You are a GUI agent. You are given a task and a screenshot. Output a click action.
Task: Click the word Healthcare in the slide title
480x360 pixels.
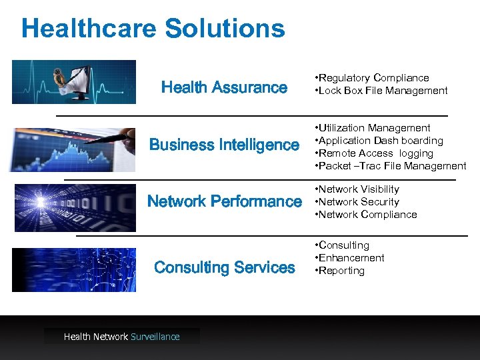point(89,29)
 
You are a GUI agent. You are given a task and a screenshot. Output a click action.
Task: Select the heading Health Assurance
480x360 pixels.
point(225,87)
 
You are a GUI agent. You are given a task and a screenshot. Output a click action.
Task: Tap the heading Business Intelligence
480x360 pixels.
point(225,145)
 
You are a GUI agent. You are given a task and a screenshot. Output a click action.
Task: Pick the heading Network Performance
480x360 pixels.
point(225,201)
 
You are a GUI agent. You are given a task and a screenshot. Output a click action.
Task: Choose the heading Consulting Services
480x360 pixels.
point(225,267)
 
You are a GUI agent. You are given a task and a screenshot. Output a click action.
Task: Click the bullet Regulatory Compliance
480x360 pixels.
point(373,78)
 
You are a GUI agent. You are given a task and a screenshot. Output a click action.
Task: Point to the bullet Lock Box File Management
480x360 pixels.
point(382,91)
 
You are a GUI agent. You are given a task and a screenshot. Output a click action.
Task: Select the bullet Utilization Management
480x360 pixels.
point(373,128)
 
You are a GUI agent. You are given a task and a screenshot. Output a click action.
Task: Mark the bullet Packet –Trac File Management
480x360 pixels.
point(391,166)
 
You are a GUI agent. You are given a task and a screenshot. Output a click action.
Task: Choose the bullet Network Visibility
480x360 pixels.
point(358,189)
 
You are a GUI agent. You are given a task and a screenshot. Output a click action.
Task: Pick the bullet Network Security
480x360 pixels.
point(358,202)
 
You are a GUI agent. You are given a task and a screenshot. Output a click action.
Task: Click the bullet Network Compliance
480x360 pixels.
point(367,215)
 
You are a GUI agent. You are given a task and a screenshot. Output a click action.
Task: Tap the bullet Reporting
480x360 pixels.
point(341,271)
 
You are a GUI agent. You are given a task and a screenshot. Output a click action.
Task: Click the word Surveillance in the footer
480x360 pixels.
point(155,337)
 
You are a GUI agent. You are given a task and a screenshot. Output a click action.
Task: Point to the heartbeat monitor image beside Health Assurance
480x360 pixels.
point(74,82)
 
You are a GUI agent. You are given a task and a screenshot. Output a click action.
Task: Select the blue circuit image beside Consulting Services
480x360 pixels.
point(74,270)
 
